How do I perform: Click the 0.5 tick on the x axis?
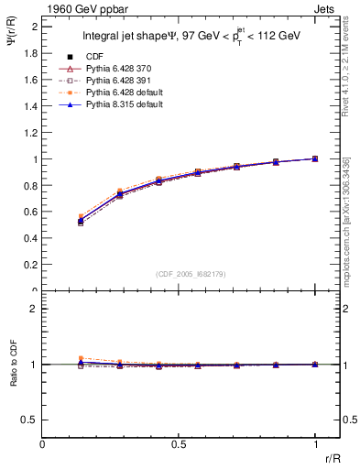pyautogui.click(x=179, y=443)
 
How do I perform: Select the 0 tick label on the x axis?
pyautogui.click(x=43, y=443)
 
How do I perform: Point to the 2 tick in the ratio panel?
pyautogui.click(x=34, y=309)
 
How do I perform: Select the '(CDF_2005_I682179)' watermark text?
pyautogui.click(x=192, y=274)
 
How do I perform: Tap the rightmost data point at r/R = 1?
pyautogui.click(x=314, y=158)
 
